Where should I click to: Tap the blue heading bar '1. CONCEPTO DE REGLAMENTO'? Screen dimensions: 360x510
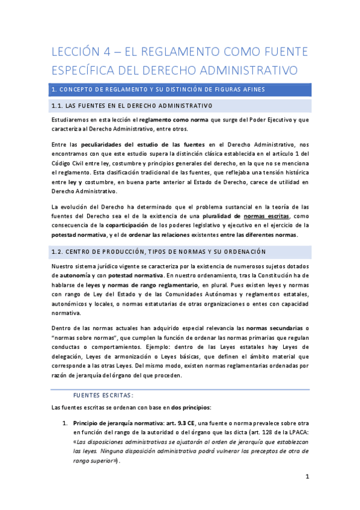tap(180, 90)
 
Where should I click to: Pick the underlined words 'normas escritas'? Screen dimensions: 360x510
tap(266, 215)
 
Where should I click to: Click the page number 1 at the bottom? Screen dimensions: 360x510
tap(307, 477)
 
